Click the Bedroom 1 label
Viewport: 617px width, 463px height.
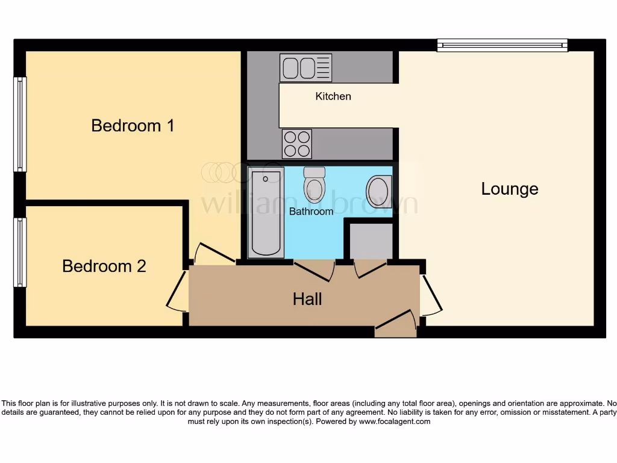click(x=133, y=125)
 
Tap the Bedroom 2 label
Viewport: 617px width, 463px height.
click(x=104, y=266)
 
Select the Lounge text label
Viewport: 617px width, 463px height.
click(x=509, y=189)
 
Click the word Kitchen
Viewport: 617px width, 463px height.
click(x=333, y=96)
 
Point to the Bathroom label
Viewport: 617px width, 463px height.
click(x=311, y=212)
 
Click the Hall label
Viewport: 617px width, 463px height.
click(x=307, y=299)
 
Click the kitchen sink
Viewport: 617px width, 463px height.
click(x=305, y=68)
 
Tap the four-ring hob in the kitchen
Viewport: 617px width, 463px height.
click(x=296, y=144)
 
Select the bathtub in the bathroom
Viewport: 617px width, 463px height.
click(x=265, y=213)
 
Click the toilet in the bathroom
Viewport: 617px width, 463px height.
click(x=314, y=184)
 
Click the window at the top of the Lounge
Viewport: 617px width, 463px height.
click(x=502, y=45)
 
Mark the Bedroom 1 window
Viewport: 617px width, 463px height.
click(x=20, y=124)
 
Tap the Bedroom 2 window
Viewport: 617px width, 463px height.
click(x=20, y=252)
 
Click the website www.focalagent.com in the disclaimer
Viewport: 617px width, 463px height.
click(x=395, y=422)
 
